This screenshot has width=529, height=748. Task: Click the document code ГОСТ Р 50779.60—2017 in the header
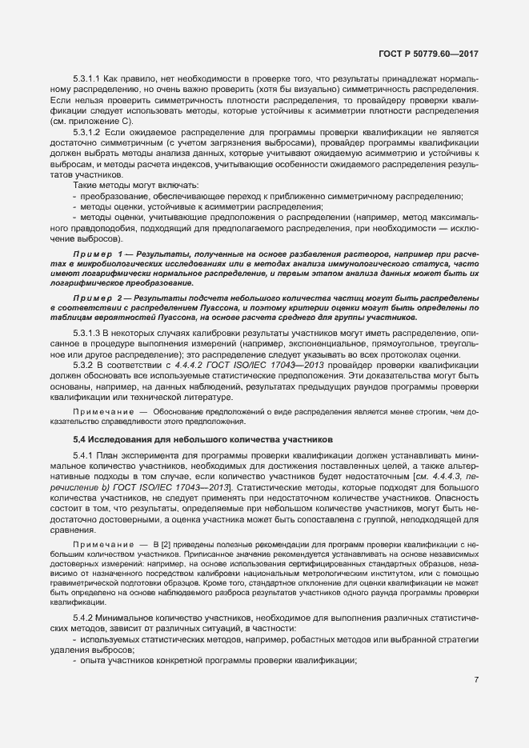click(433, 54)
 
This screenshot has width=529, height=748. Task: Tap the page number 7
click(476, 680)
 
